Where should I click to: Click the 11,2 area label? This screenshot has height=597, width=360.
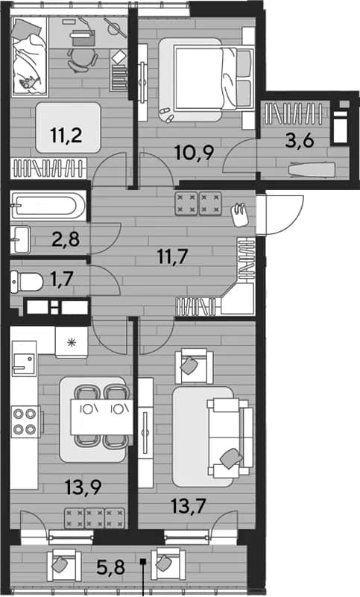pyautogui.click(x=66, y=135)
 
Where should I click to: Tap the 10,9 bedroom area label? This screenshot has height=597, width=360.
pyautogui.click(x=194, y=153)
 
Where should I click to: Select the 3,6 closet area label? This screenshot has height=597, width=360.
pyautogui.click(x=300, y=141)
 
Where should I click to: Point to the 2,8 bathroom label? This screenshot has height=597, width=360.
pyautogui.click(x=66, y=239)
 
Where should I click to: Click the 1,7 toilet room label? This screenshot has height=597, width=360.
pyautogui.click(x=61, y=279)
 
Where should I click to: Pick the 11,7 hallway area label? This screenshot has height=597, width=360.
pyautogui.click(x=173, y=256)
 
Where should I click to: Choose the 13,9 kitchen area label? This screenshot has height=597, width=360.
pyautogui.click(x=83, y=487)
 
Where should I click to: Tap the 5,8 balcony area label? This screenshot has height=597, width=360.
pyautogui.click(x=110, y=568)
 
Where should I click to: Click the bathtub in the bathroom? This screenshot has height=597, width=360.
pyautogui.click(x=48, y=206)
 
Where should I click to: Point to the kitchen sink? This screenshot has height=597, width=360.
pyautogui.click(x=24, y=364)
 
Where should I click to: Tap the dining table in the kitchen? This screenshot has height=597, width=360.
pyautogui.click(x=101, y=417)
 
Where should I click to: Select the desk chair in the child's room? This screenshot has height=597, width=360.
pyautogui.click(x=82, y=60)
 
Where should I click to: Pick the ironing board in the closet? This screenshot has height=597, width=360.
pyautogui.click(x=312, y=169)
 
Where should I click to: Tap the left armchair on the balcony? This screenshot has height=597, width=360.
pyautogui.click(x=63, y=565)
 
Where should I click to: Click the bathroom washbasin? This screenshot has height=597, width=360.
pyautogui.click(x=21, y=239)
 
